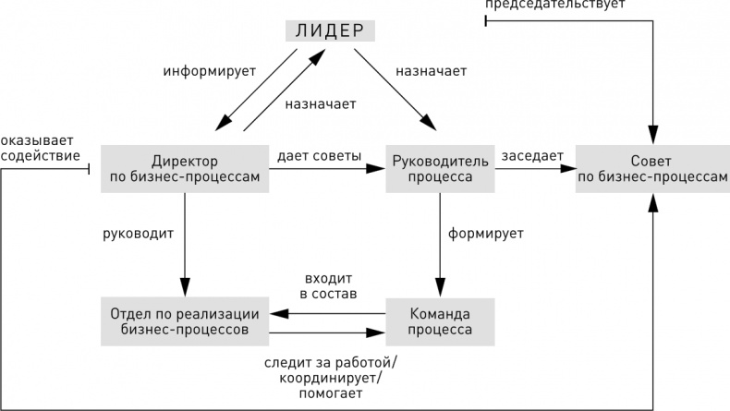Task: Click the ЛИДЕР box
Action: (331, 30)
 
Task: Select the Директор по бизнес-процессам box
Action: (185, 167)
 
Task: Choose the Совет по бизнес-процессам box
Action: (652, 167)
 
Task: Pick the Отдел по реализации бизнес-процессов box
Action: (185, 320)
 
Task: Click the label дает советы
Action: (319, 155)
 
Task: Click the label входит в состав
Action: (329, 285)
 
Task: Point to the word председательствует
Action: (554, 5)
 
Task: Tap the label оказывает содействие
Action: (40, 148)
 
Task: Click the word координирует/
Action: (328, 377)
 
